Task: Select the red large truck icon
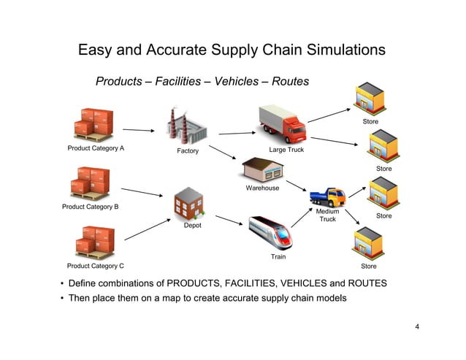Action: (x=282, y=122)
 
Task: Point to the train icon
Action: (x=271, y=232)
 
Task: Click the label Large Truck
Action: (x=286, y=150)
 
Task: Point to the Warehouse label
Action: (x=262, y=188)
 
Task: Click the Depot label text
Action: (x=192, y=226)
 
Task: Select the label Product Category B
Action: (x=92, y=207)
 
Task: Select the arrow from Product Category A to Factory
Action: (x=139, y=131)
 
